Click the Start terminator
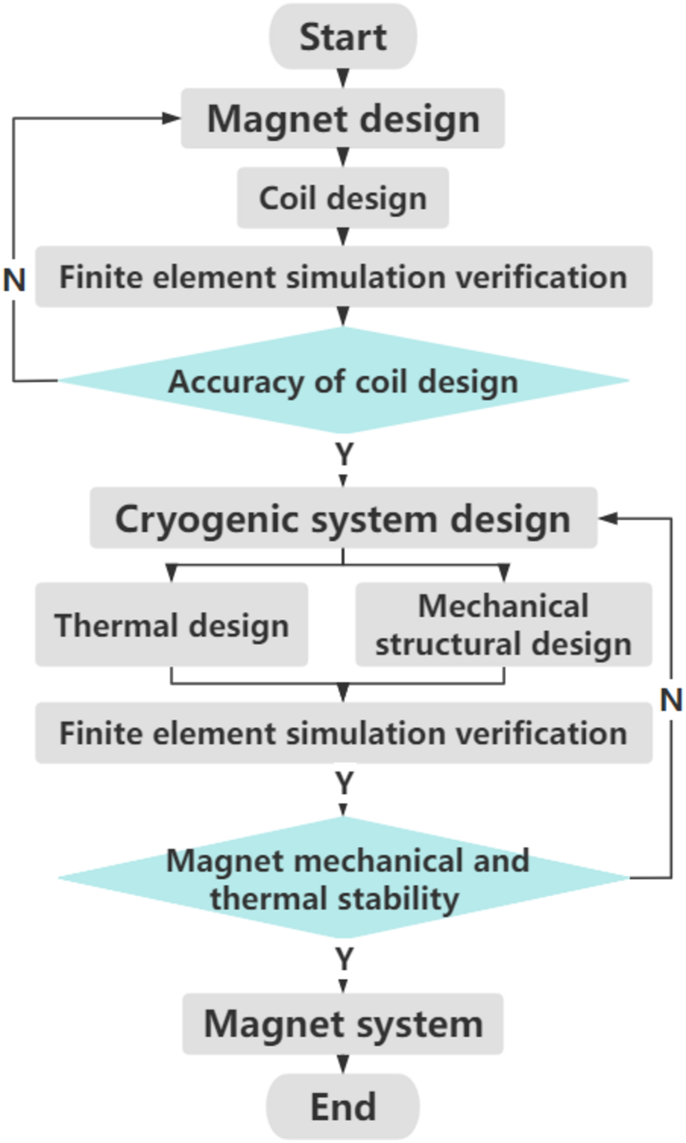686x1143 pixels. click(x=343, y=36)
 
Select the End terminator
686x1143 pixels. click(x=343, y=1106)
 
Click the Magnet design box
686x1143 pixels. click(x=343, y=119)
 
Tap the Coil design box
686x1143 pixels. click(x=343, y=198)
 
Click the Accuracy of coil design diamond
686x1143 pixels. click(x=343, y=381)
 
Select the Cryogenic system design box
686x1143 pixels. click(x=343, y=518)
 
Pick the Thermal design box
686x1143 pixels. click(x=171, y=624)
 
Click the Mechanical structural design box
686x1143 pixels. click(x=503, y=624)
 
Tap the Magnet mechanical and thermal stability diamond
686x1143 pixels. click(x=343, y=878)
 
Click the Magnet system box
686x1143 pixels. click(x=343, y=1024)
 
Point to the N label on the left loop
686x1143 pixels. click(x=14, y=280)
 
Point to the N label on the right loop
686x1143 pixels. click(x=671, y=700)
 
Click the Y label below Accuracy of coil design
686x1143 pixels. click(x=343, y=454)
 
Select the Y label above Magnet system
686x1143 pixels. click(x=343, y=959)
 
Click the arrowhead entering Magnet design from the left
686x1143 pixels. click(x=170, y=118)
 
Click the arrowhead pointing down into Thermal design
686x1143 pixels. click(x=171, y=573)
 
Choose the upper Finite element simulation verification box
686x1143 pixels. click(x=343, y=277)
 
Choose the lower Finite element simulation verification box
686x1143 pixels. click(x=343, y=733)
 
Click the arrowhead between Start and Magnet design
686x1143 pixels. click(x=343, y=77)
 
